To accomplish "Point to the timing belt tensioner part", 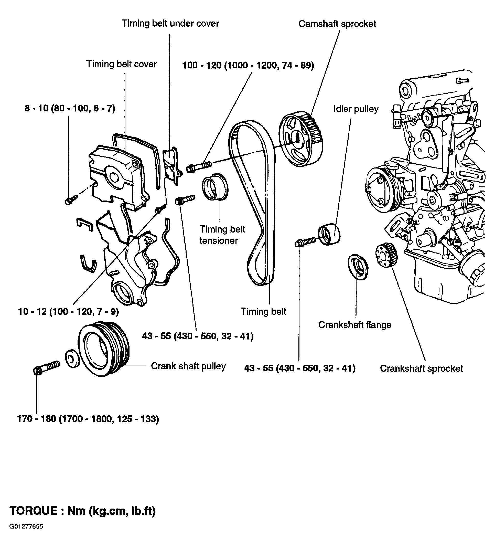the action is [216, 187].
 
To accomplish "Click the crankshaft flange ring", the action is [358, 267].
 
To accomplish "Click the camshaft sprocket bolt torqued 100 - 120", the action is [199, 166].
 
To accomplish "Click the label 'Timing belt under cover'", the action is [170, 23].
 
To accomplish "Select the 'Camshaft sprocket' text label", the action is [337, 24].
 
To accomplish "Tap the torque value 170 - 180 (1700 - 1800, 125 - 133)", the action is [88, 419].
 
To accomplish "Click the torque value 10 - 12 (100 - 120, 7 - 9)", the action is [68, 311].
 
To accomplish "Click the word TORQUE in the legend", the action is [34, 511].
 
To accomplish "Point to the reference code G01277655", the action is [26, 534].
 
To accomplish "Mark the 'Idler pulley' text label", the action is [356, 109].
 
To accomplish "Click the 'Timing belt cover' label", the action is [121, 64].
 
